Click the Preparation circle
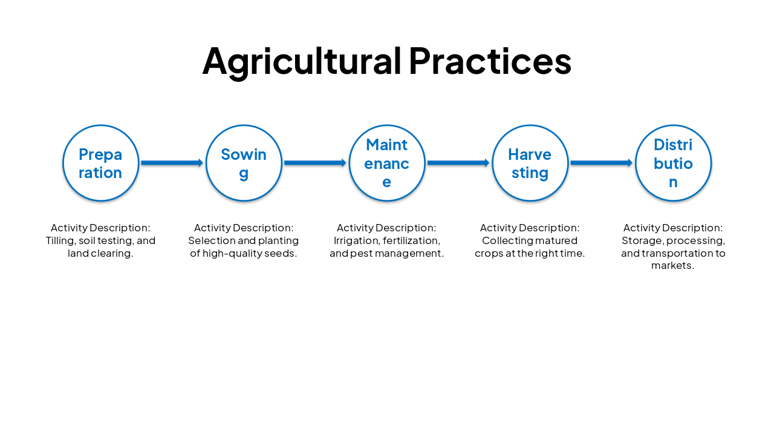point(101,163)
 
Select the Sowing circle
point(244,163)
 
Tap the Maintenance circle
point(387,163)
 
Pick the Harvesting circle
point(530,163)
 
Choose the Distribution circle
point(673,163)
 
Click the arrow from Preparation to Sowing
point(172,163)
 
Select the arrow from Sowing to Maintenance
point(315,163)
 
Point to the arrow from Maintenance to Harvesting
point(458,163)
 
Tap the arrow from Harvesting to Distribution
point(601,163)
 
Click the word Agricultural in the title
point(302,61)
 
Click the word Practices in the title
point(490,61)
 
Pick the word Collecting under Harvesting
point(507,241)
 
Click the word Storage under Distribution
point(641,241)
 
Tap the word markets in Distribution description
point(672,266)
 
